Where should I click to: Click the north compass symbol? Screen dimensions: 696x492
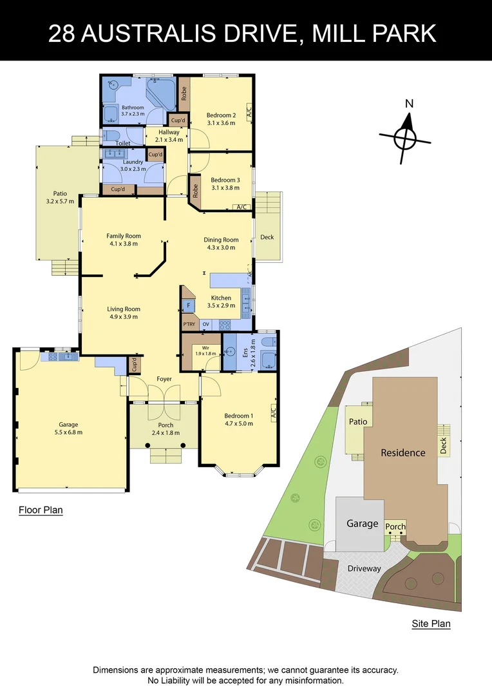(405, 137)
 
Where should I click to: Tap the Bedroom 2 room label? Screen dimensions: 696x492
(221, 119)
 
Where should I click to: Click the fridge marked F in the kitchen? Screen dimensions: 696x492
(189, 305)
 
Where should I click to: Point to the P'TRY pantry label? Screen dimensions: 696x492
(189, 324)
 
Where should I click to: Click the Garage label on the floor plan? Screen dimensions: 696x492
(68, 428)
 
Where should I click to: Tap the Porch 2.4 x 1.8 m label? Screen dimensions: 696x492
(166, 429)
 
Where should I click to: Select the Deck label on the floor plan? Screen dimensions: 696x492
(267, 237)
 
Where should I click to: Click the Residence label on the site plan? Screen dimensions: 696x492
(402, 452)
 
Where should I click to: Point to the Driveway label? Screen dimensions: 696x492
(364, 569)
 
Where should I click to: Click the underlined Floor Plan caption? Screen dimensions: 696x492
(41, 510)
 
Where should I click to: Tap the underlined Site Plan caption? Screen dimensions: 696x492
(431, 624)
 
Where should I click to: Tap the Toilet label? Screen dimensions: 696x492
(123, 143)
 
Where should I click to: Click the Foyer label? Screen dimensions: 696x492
(164, 379)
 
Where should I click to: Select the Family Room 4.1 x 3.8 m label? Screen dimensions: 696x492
(124, 240)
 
